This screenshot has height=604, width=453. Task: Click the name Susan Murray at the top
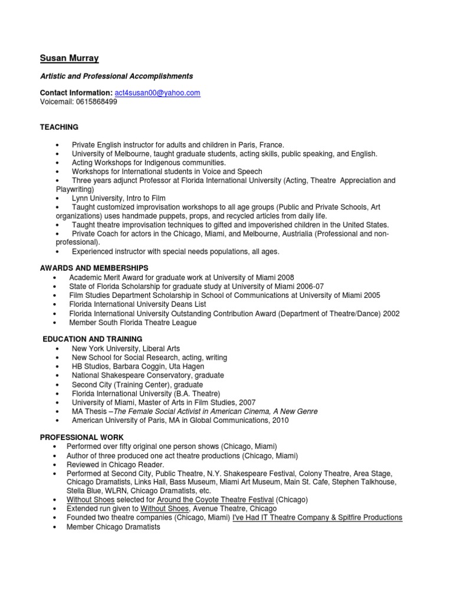click(69, 58)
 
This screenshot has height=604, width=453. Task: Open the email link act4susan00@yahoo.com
click(157, 93)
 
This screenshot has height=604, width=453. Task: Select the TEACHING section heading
click(59, 127)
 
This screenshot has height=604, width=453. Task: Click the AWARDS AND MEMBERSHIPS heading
click(94, 268)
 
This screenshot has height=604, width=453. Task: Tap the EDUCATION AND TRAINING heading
click(92, 339)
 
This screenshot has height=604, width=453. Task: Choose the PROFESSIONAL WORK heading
click(82, 437)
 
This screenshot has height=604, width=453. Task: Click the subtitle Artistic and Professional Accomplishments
click(116, 76)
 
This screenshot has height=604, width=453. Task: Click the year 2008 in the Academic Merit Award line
click(285, 277)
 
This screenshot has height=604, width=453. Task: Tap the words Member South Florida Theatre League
click(133, 323)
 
